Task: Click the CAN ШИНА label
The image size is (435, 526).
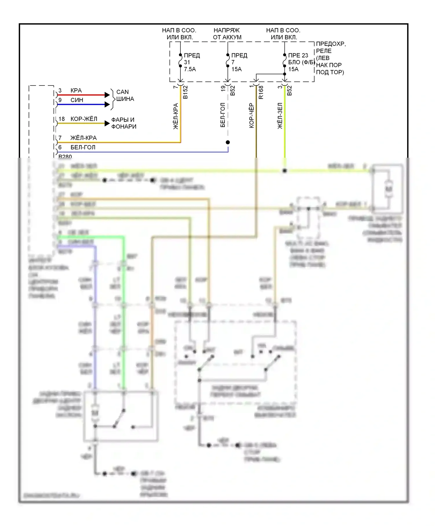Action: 125,95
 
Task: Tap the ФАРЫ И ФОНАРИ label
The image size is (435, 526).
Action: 124,123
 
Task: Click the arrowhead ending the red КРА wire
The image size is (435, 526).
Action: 107,95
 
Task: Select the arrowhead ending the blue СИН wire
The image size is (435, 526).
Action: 107,104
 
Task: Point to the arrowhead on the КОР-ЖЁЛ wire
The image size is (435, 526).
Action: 107,124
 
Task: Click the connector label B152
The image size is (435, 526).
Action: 186,92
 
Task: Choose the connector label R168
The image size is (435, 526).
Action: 261,92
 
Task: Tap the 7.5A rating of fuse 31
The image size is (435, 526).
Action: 190,69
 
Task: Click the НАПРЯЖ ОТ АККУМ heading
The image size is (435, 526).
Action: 227,34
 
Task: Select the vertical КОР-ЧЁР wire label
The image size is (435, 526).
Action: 251,115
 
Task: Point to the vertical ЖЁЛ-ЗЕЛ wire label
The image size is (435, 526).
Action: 280,116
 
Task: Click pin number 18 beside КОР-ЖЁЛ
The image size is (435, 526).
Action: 61,119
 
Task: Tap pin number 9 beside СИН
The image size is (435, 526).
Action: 60,100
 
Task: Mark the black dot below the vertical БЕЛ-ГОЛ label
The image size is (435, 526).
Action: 228,142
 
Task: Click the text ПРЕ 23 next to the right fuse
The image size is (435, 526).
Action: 298,55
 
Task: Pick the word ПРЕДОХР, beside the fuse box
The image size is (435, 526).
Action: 331,44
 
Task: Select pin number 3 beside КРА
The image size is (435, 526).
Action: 60,90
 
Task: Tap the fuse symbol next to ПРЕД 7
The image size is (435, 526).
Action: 228,60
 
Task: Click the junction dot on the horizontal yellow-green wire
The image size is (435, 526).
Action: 285,171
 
